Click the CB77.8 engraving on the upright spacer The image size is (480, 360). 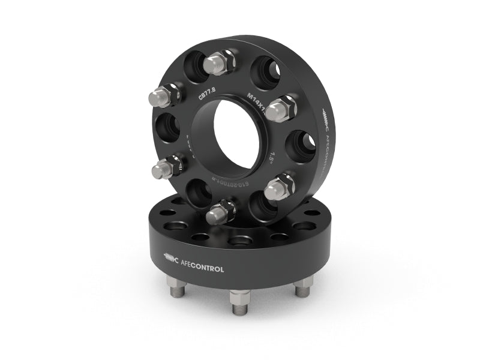pos(207,95)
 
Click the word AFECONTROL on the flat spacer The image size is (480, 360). pos(202,269)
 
